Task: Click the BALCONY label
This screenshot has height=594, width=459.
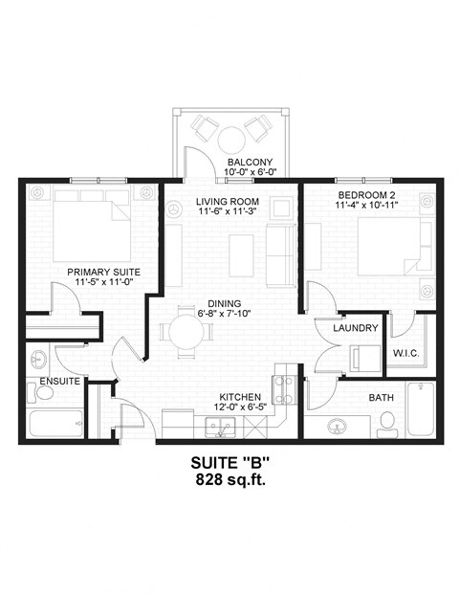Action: tap(250, 162)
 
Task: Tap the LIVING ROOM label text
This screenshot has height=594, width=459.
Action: tap(229, 201)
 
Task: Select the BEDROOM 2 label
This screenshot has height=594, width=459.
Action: tap(365, 194)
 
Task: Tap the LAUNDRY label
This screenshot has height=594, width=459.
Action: tap(356, 328)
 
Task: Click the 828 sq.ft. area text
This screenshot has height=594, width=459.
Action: tap(229, 479)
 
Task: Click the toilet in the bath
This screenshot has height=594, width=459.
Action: tap(387, 419)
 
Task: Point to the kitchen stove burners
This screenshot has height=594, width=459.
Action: tap(284, 386)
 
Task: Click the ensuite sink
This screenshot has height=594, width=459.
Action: tap(37, 361)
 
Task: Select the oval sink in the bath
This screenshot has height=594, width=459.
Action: tap(337, 426)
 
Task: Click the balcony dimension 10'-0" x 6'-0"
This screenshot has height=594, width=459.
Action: tap(250, 173)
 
